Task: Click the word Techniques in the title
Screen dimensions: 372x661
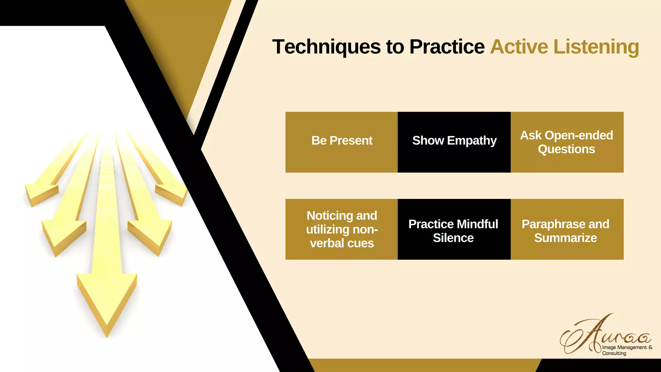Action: point(326,47)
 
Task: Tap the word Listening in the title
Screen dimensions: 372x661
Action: point(596,47)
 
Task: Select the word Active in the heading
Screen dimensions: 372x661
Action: point(519,47)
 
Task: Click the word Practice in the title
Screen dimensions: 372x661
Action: point(447,47)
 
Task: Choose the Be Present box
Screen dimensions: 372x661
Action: point(341,142)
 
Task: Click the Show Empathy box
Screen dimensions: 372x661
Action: point(454,142)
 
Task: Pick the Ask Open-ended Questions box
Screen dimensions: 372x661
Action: point(567,142)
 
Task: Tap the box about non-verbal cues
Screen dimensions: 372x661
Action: point(341,229)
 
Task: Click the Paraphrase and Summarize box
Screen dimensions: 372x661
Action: point(567,229)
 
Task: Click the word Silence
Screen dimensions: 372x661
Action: point(453,238)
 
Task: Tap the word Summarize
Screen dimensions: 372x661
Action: point(565,238)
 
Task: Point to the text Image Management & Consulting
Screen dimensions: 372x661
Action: point(626,350)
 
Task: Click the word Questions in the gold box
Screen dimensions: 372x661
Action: point(566,149)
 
